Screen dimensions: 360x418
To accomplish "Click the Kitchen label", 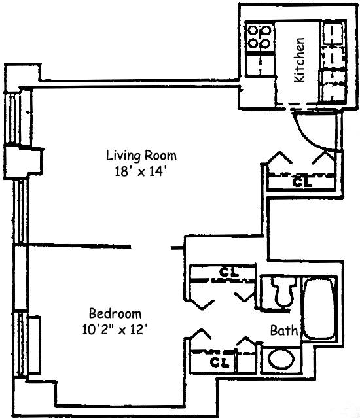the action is tap(299, 60).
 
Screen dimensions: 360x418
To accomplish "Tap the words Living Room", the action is tap(141, 156).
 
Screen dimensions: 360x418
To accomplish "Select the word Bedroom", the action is tap(115, 313).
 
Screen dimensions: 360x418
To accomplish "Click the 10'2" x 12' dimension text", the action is tap(115, 330).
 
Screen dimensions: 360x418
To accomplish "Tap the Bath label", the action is tap(283, 330).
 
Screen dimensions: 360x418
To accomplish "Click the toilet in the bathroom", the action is tap(283, 292).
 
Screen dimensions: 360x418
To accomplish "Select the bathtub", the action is tap(319, 309).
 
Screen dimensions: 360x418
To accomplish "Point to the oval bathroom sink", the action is tap(281, 358).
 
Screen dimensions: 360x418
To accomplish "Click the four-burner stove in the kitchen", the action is tap(260, 37).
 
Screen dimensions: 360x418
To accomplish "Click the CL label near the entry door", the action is tap(302, 182).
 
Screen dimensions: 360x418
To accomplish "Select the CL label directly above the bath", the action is tap(229, 272).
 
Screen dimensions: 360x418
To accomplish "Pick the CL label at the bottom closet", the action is tap(219, 362).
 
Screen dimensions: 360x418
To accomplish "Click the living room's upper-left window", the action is tap(13, 118).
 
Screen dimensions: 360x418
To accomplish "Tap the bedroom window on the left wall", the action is tap(20, 345).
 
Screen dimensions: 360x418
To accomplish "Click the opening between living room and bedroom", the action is tap(151, 247).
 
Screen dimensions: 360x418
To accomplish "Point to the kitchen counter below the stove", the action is tap(260, 65).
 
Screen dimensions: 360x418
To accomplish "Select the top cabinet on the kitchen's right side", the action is tap(333, 33).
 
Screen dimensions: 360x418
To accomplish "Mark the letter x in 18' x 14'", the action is tap(141, 173).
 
